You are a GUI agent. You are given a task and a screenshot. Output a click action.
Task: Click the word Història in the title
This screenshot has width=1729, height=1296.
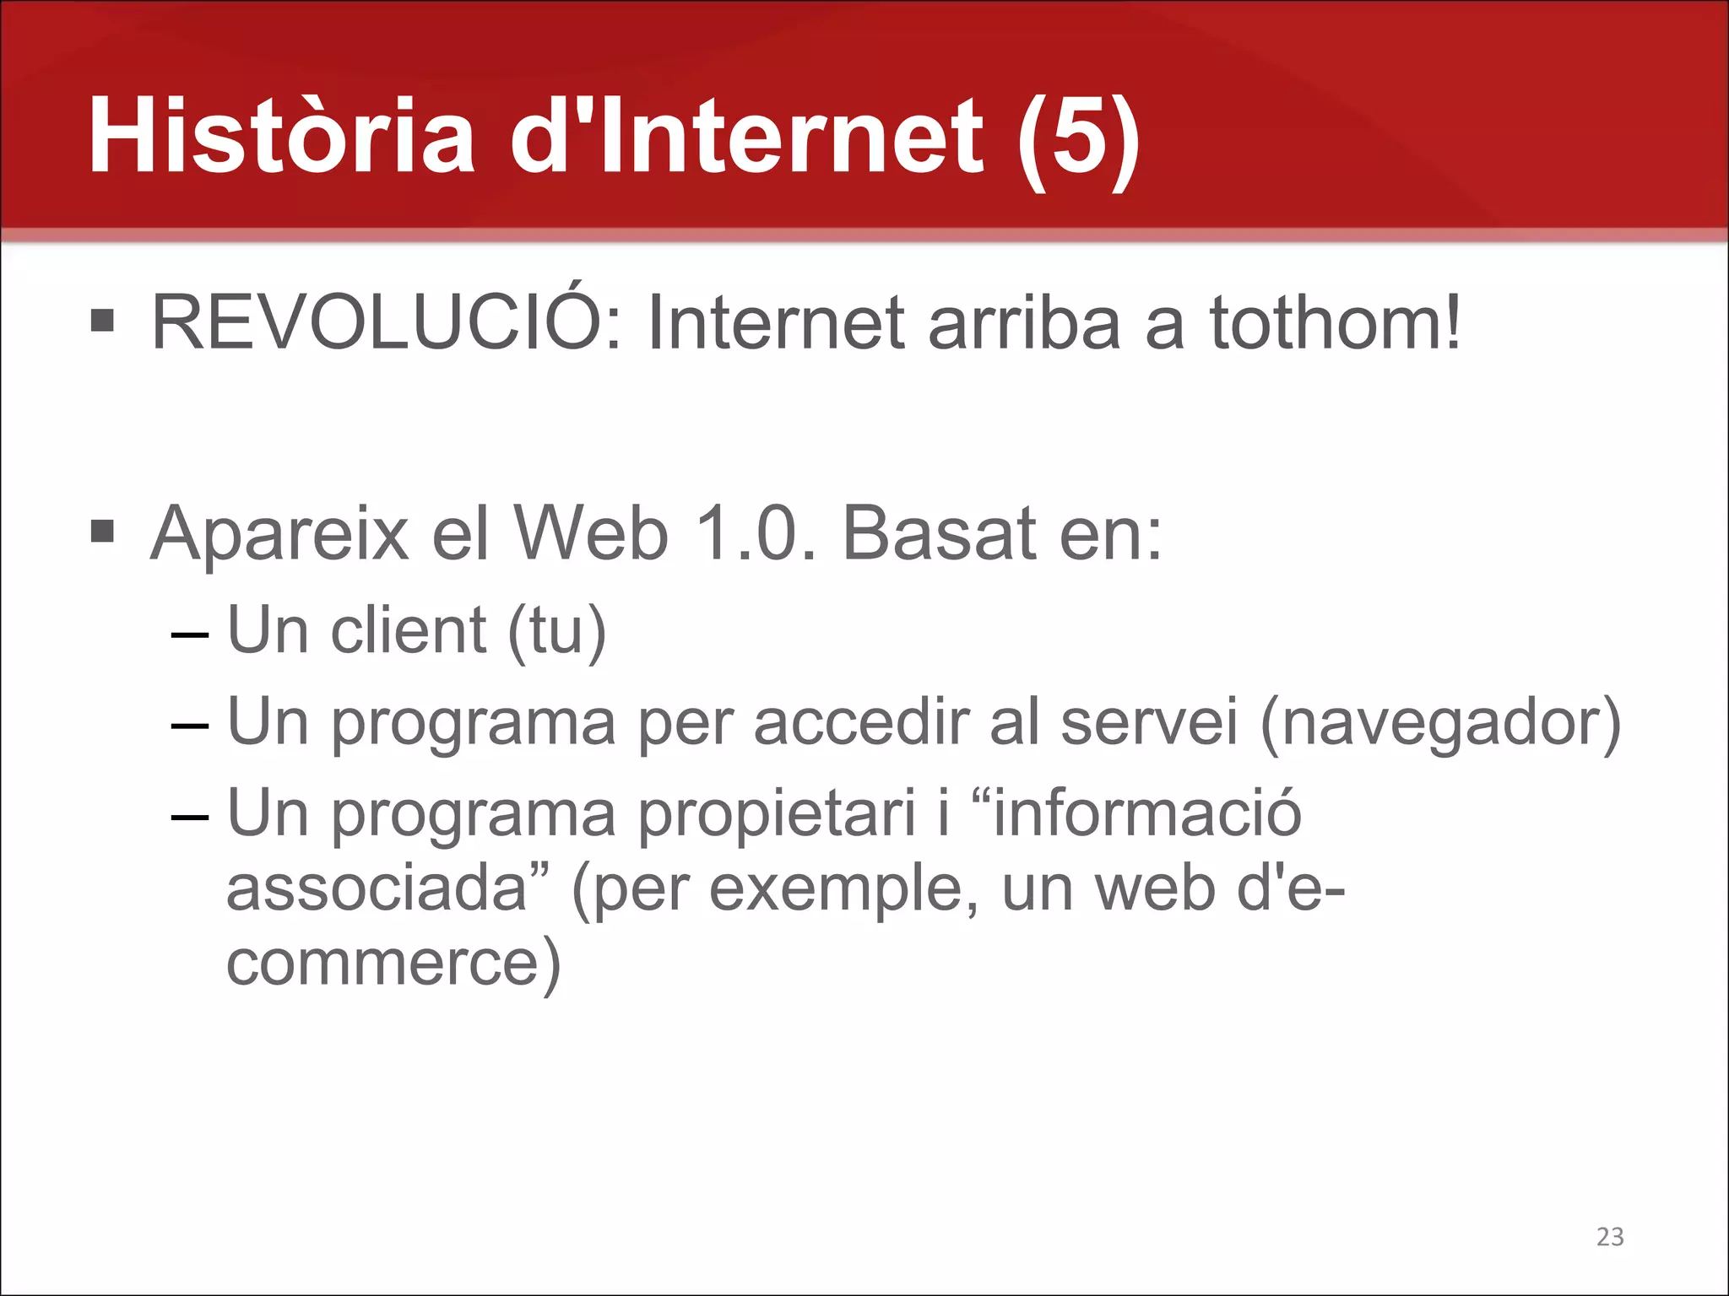[x=281, y=137]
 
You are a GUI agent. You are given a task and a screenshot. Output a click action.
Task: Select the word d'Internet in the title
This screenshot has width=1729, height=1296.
[x=746, y=137]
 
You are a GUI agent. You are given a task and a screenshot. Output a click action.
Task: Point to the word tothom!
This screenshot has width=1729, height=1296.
[x=1336, y=323]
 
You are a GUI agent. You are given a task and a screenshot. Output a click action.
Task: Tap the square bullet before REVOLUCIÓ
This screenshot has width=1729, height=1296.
[x=102, y=321]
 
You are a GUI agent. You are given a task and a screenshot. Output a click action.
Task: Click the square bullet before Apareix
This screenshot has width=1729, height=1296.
[x=102, y=532]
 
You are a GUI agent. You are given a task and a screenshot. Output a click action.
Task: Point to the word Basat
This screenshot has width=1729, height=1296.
[x=939, y=533]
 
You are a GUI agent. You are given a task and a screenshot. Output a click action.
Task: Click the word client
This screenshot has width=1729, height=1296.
[x=409, y=630]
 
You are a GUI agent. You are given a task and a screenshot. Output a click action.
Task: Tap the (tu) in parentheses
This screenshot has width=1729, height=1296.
[x=556, y=632]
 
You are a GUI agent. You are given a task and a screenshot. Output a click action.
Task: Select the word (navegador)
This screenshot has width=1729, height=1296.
[x=1440, y=723]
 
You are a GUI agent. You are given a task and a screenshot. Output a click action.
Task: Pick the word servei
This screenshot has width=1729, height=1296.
[x=1149, y=722]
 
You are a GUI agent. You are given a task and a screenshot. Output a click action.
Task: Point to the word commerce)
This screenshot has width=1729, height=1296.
[x=393, y=964]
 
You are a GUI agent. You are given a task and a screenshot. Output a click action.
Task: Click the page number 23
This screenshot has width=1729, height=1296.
[x=1610, y=1236]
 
